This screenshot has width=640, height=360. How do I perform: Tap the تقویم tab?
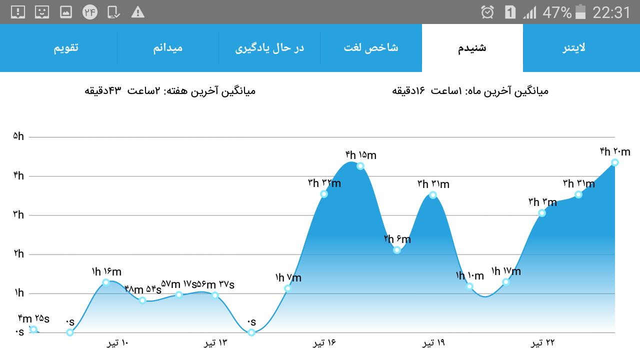point(66,48)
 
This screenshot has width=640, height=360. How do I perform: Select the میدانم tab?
point(167,48)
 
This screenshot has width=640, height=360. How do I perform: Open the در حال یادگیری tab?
point(269,48)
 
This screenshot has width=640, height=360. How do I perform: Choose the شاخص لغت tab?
point(371,48)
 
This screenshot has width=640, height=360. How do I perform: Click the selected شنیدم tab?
point(472,48)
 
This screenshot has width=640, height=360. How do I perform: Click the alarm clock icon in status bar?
point(487,12)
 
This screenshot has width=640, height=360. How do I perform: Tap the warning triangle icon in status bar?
point(137,12)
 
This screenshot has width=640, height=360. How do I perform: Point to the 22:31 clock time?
point(611,12)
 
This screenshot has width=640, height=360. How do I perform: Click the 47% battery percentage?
point(557,12)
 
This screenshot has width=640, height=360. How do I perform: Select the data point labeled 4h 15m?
point(360,166)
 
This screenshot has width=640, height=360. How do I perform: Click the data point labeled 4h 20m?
point(615,162)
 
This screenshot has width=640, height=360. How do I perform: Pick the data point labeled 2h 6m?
point(397,250)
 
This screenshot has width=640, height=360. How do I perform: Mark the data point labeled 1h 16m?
point(106,282)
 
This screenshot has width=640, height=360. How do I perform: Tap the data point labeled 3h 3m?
point(542,213)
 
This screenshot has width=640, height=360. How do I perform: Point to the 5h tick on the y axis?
point(18,136)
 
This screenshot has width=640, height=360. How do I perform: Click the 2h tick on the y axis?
point(19,253)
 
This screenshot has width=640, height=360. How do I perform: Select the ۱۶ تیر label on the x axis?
point(324,342)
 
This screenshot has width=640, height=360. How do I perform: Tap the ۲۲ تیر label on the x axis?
point(542,342)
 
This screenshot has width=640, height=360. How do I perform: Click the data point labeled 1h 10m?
point(469,286)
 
